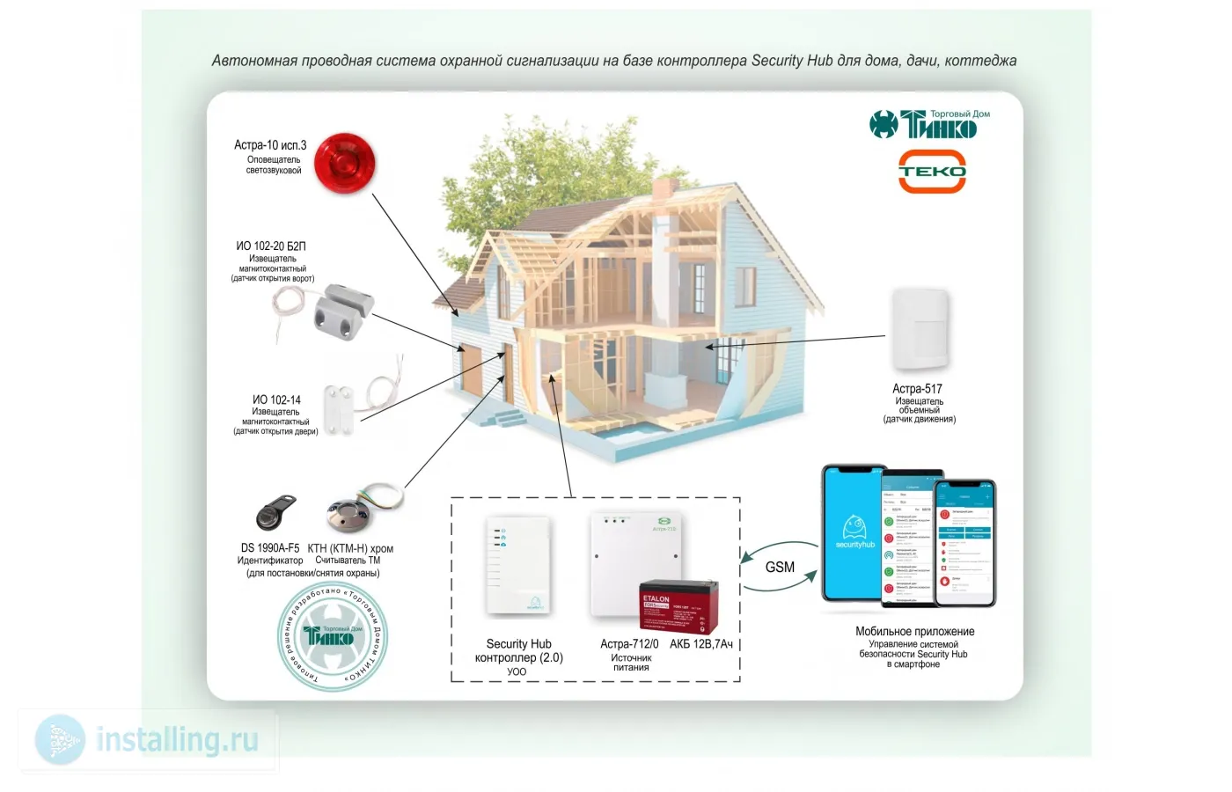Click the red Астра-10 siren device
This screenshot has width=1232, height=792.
click(x=345, y=164)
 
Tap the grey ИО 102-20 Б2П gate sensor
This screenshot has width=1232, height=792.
click(x=339, y=311)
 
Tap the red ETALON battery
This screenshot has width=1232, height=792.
click(x=678, y=606)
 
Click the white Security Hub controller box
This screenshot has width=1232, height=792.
click(x=518, y=566)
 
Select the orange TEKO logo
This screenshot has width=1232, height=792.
click(x=932, y=171)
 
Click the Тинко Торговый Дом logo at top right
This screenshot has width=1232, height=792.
click(x=930, y=124)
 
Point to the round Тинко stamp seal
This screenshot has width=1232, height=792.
click(x=333, y=637)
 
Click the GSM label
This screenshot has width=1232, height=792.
click(x=780, y=567)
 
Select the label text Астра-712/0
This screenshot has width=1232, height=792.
click(x=629, y=644)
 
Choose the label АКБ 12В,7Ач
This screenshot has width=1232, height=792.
click(x=701, y=644)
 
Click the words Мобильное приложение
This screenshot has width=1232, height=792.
click(x=914, y=631)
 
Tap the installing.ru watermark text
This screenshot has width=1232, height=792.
click(x=177, y=739)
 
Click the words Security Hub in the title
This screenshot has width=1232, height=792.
click(x=791, y=61)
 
